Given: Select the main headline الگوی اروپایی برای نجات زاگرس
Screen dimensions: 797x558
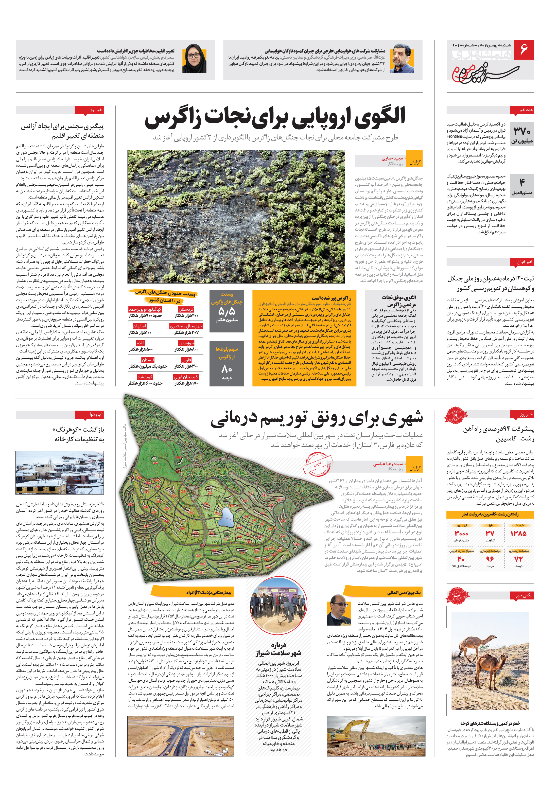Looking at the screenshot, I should tap(275, 117).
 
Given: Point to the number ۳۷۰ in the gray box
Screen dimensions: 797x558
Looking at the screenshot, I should tap(522, 131).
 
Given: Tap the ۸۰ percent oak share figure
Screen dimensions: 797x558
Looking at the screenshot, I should tap(226, 369).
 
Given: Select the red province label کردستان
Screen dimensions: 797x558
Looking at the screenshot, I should tap(186, 309).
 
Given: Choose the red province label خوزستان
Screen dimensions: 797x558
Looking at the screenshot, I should tap(186, 343).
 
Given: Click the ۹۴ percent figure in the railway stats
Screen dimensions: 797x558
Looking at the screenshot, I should tap(490, 559).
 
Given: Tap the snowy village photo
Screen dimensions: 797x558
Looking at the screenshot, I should tap(60, 473).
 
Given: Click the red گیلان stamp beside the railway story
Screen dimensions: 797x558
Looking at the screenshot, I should tap(455, 415).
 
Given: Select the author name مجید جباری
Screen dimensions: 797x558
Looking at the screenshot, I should tap(392, 158).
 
